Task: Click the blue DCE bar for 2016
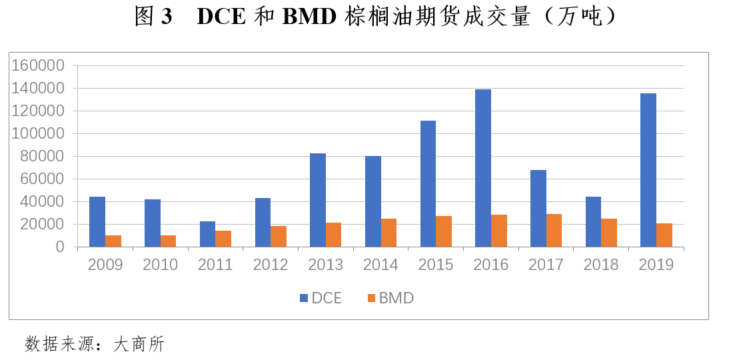483,168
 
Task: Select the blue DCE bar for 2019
648,170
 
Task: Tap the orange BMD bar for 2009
113,241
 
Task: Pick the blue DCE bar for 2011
207,234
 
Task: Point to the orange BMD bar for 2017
554,230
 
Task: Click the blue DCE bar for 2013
318,200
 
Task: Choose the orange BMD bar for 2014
388,233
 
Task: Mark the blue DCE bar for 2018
593,221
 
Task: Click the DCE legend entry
321,298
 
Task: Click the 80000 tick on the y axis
41,157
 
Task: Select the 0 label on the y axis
60,247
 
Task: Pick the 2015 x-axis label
436,265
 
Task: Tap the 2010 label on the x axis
160,265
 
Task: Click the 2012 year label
271,265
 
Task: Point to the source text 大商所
139,344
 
